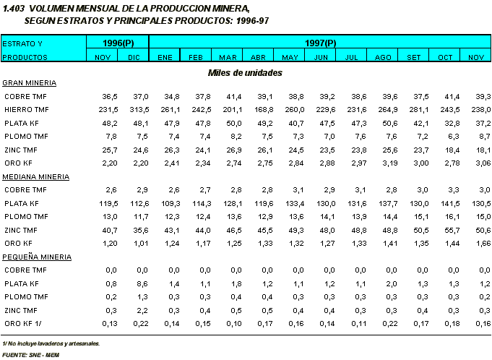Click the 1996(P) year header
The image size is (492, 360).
[x=118, y=43]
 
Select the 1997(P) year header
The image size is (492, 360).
[x=319, y=43]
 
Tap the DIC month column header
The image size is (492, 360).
[x=134, y=56]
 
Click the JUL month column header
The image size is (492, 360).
[x=352, y=56]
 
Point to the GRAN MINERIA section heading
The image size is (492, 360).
[x=30, y=82]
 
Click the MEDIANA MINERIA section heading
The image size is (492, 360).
[x=36, y=176]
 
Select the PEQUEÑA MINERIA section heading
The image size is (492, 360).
[x=37, y=256]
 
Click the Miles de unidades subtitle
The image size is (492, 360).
[x=245, y=72]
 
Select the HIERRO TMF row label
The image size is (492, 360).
[x=26, y=109]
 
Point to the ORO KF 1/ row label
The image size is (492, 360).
[x=24, y=322]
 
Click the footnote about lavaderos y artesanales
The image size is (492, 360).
[x=51, y=343]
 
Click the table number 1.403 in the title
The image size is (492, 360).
[x=14, y=7]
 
